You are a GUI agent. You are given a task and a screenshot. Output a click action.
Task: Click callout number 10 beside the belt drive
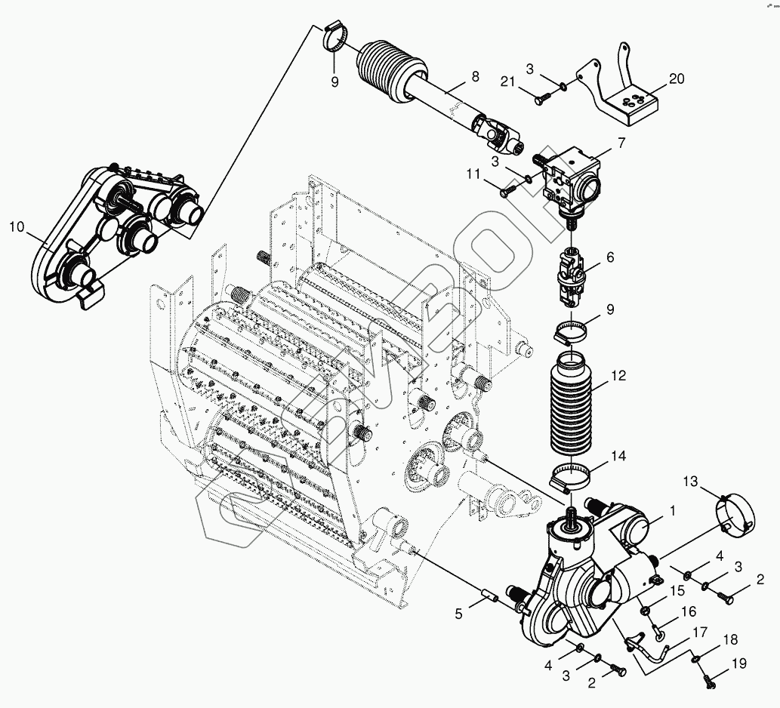click(17, 227)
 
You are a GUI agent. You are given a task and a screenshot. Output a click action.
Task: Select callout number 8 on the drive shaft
click(475, 76)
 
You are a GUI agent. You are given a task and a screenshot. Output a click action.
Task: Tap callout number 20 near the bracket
click(677, 78)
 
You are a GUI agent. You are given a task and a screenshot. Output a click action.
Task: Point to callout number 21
click(507, 82)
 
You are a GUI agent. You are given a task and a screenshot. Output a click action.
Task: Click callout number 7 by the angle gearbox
click(621, 143)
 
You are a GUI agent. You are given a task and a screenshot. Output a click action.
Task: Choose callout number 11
click(473, 174)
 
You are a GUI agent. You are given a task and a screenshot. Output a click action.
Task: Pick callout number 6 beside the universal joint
click(610, 257)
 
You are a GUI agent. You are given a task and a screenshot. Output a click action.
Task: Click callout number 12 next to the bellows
click(618, 375)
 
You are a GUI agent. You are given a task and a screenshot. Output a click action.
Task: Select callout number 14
click(618, 456)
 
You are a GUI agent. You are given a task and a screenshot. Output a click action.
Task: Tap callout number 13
click(690, 482)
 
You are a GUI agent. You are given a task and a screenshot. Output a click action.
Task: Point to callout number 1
click(673, 510)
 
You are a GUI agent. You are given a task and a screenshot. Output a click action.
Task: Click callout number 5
click(458, 614)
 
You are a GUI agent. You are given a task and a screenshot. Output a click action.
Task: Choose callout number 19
click(739, 663)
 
